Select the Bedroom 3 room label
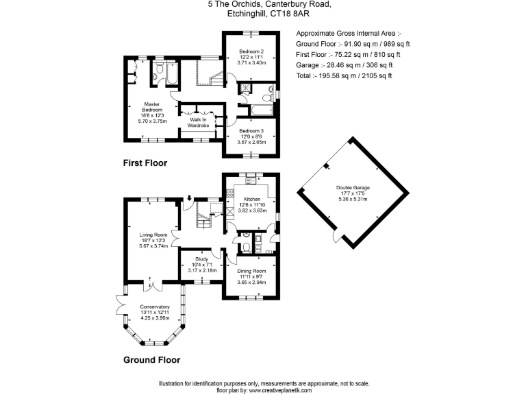click(x=251, y=130)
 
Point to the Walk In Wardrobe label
click(x=198, y=122)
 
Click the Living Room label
click(x=154, y=235)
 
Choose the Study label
click(x=202, y=260)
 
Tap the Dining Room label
click(x=251, y=272)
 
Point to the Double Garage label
click(x=351, y=188)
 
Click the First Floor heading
click(x=145, y=163)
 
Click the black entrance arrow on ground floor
click(x=189, y=200)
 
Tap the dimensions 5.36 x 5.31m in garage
click(x=351, y=200)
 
